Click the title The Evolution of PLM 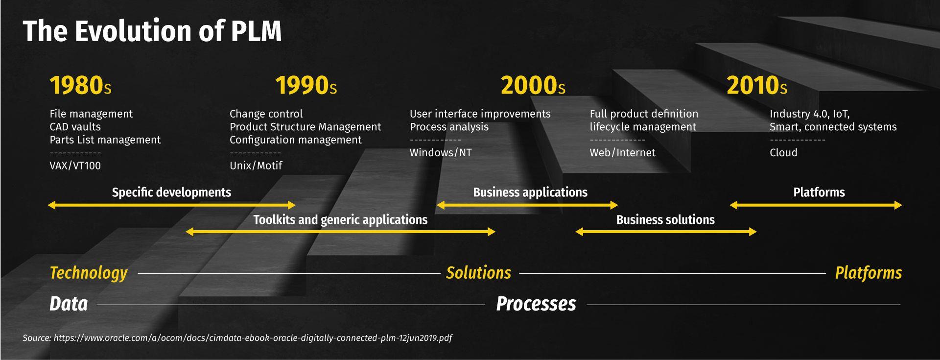[x=152, y=31]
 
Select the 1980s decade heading [x=80, y=85]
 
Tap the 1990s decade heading [x=306, y=85]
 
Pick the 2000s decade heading [x=533, y=85]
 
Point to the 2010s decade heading [x=757, y=85]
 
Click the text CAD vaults [x=75, y=127]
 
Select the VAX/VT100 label [x=75, y=166]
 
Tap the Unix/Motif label [x=256, y=166]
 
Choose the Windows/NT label [x=441, y=153]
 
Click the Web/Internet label [x=622, y=153]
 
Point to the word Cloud [x=783, y=153]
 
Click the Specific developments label [x=171, y=192]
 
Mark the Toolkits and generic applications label [x=340, y=220]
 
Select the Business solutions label [x=665, y=220]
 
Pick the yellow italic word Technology [x=89, y=273]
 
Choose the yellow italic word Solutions [x=478, y=273]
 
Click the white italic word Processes [x=536, y=304]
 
